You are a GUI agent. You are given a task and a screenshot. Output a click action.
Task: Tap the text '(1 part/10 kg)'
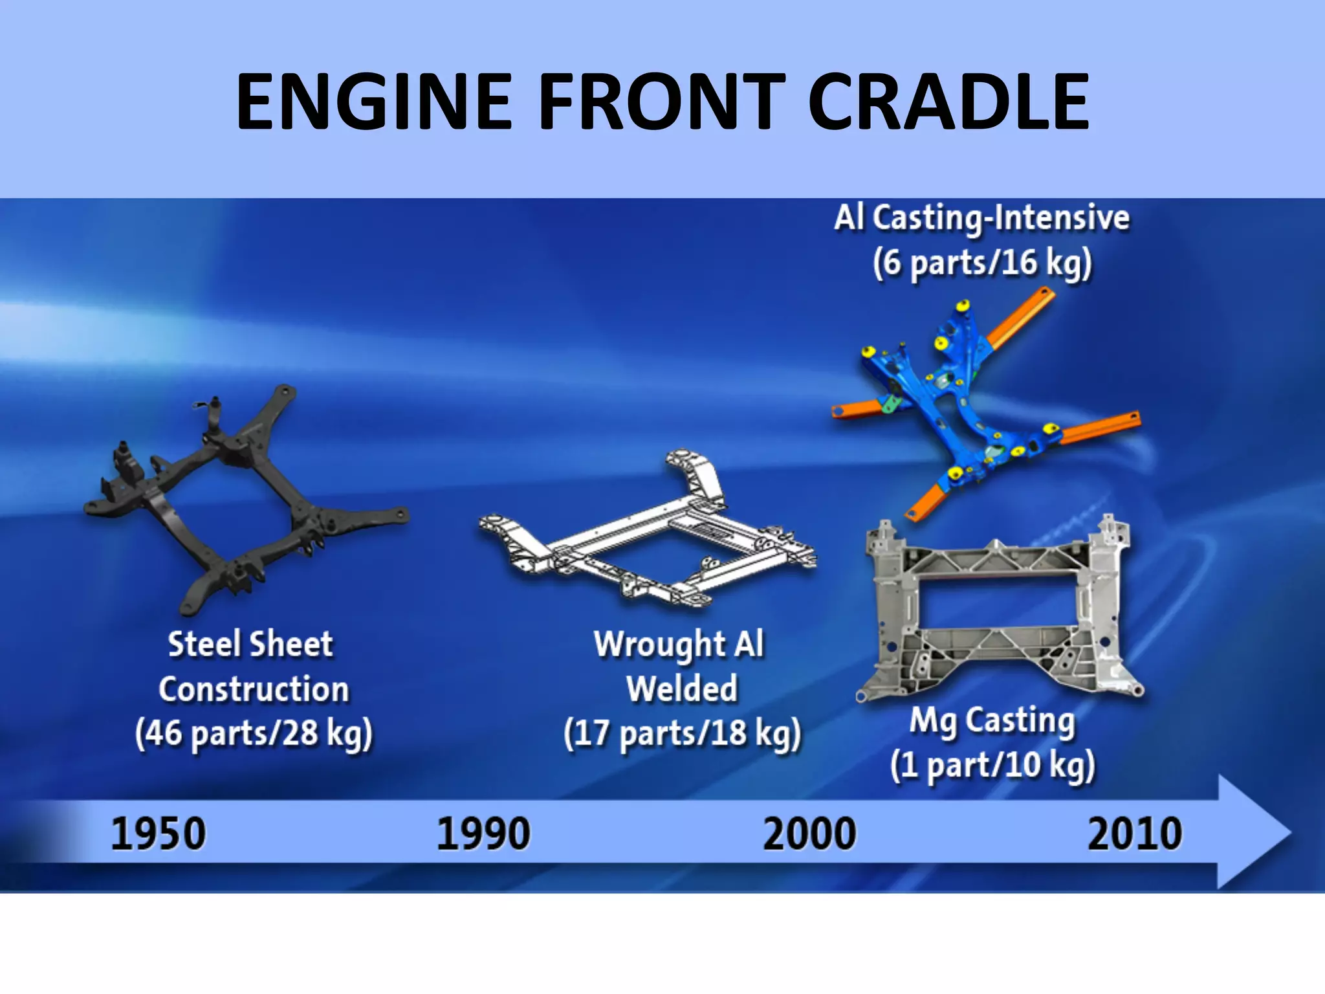[992, 766]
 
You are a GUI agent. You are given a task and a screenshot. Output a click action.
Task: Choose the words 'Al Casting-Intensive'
[982, 218]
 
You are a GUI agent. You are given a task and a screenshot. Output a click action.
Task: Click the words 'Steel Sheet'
[250, 645]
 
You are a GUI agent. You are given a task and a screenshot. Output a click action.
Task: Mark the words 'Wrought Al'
[679, 645]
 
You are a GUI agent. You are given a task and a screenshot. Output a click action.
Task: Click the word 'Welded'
[682, 689]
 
